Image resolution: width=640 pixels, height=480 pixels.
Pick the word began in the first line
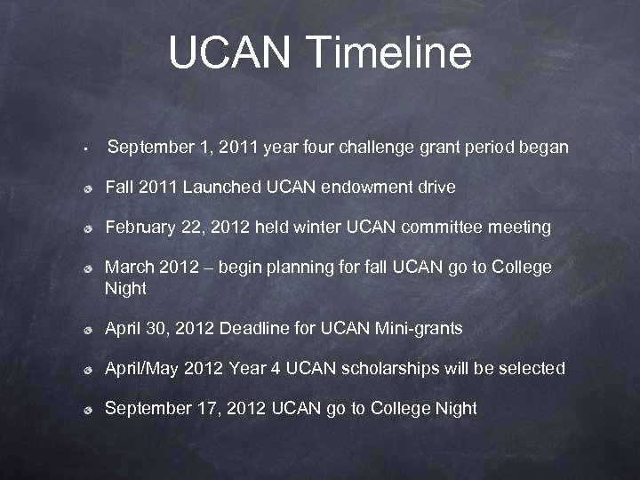543,148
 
